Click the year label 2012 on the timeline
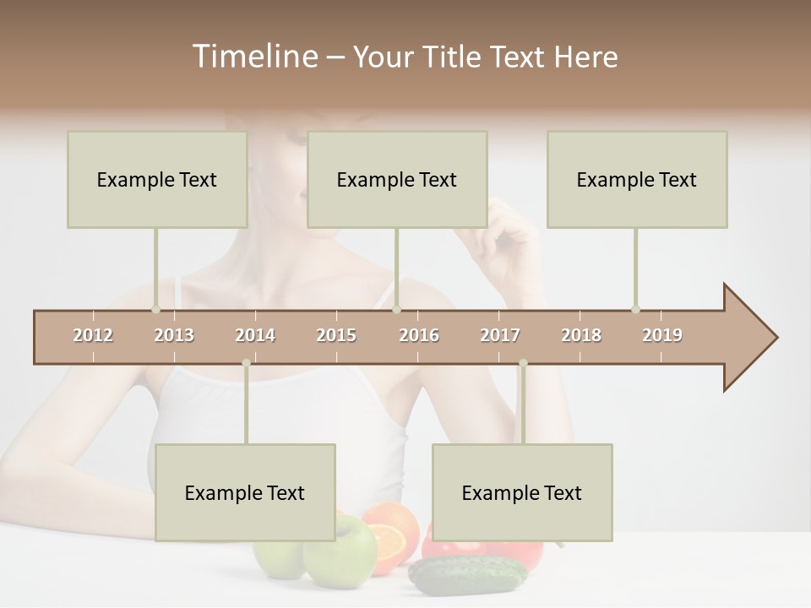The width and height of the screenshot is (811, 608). tap(93, 335)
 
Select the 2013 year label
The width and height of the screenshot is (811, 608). tap(174, 335)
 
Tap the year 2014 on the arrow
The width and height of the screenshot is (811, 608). tap(255, 335)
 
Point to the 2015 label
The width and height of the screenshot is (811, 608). tap(336, 335)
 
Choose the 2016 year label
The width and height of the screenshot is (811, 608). tap(419, 335)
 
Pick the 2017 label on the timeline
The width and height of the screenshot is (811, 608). tap(500, 335)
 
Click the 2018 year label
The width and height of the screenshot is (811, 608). tap(581, 335)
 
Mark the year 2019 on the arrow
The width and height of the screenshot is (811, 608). tap(662, 335)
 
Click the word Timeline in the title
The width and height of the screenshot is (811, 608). tap(253, 57)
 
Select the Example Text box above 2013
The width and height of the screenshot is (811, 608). tap(157, 179)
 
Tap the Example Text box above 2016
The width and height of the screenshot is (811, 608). tap(397, 179)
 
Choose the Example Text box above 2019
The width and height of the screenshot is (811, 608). tap(637, 179)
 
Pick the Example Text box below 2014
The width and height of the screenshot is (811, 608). tap(245, 492)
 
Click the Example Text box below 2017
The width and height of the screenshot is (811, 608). tap(522, 492)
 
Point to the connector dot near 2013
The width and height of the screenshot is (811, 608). tap(155, 309)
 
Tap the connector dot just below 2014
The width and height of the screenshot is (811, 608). tap(246, 363)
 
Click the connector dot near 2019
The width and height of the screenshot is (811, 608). tap(635, 309)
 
